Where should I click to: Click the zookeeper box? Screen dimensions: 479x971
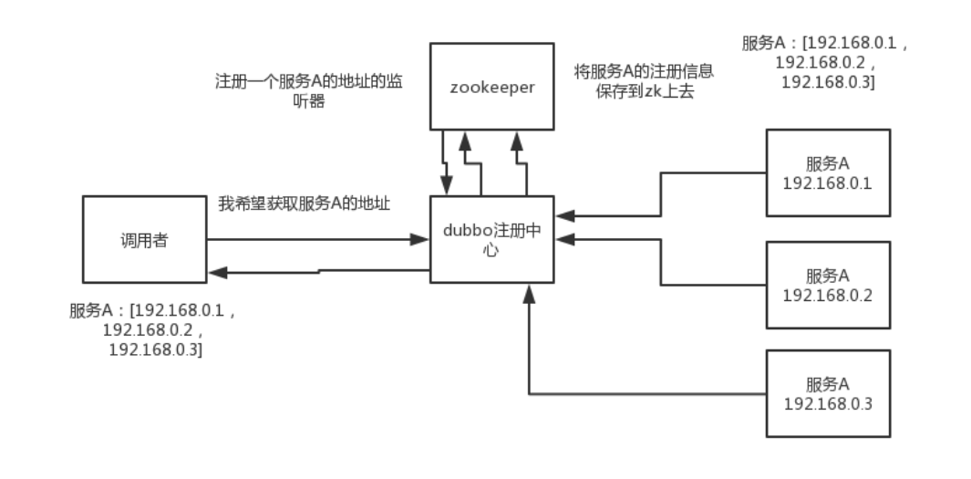[491, 86]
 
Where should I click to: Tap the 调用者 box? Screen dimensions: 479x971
[143, 240]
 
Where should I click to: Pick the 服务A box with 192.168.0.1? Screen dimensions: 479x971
[827, 173]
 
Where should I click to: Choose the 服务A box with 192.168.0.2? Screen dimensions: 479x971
[827, 285]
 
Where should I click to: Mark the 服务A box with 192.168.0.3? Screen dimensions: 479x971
[827, 393]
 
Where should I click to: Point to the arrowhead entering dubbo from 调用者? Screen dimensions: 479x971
[421, 240]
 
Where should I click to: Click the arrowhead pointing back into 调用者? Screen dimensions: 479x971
[215, 272]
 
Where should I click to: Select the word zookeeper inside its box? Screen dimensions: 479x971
[491, 87]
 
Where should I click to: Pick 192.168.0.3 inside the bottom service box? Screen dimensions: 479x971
[827, 402]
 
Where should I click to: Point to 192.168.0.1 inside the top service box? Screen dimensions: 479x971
[827, 182]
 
